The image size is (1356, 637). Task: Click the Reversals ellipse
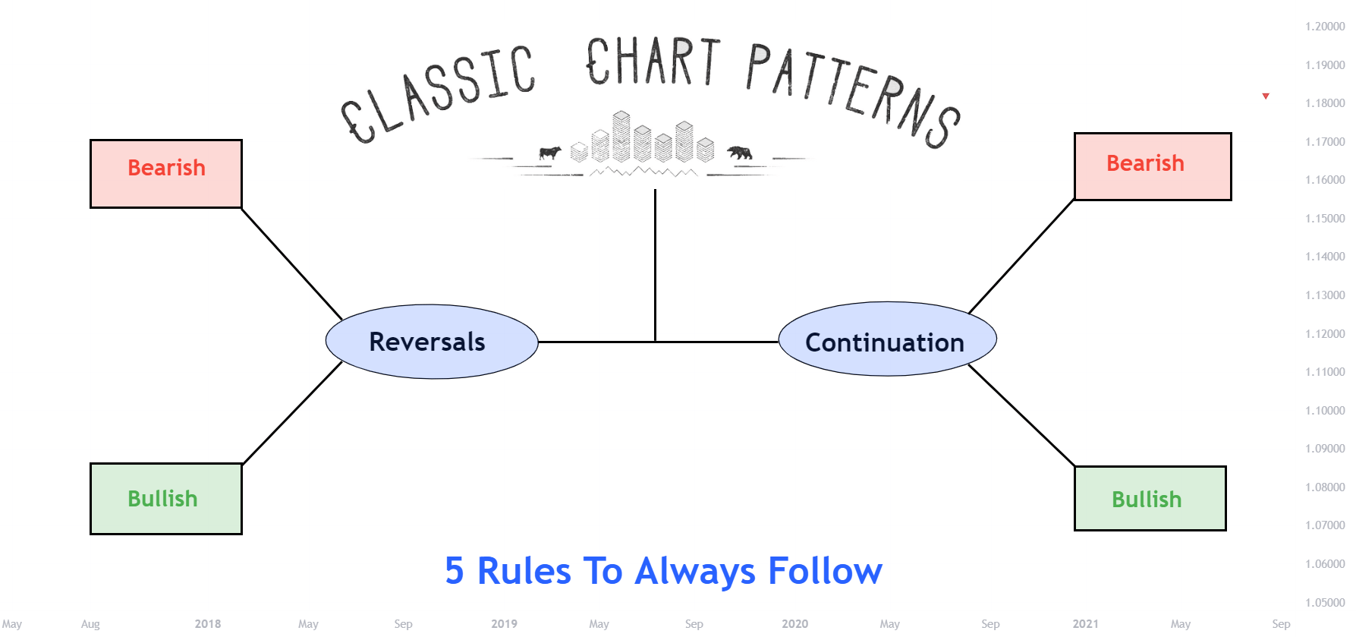(432, 342)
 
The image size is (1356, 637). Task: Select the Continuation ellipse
(887, 339)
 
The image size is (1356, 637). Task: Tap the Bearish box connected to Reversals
(166, 173)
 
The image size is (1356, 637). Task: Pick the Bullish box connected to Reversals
(166, 498)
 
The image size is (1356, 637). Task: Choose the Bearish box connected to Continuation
(1152, 166)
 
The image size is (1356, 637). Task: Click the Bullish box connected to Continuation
(1150, 498)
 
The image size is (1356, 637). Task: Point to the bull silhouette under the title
(549, 153)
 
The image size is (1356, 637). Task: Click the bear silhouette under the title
(739, 153)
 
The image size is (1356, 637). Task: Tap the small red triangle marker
(1266, 96)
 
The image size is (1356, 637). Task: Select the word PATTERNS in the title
(854, 92)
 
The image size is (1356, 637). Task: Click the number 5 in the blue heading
(454, 571)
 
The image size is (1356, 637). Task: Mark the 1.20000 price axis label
(1325, 27)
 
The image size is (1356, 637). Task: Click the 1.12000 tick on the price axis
(1325, 334)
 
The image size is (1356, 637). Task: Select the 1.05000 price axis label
(1325, 603)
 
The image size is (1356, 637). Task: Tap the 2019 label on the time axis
(504, 624)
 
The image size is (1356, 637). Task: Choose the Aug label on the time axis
(90, 624)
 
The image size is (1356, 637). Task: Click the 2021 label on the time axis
(1085, 624)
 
